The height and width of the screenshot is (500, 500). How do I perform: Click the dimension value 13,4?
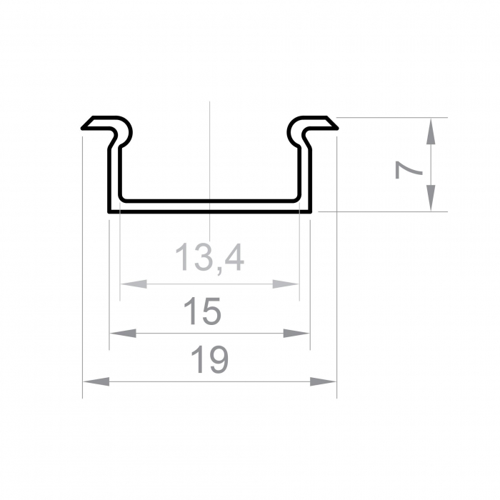click(209, 257)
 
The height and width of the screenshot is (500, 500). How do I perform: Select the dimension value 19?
click(209, 361)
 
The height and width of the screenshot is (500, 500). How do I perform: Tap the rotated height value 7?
click(408, 170)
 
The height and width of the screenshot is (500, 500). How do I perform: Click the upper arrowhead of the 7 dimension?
click(431, 131)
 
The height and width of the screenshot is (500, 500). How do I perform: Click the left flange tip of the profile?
click(84, 128)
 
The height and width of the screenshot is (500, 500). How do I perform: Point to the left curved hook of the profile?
click(124, 131)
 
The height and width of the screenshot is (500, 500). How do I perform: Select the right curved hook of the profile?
click(294, 131)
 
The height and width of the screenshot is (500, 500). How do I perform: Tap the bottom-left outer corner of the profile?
click(109, 211)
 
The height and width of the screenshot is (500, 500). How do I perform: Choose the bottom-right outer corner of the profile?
click(311, 211)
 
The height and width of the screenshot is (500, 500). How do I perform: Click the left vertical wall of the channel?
click(114, 175)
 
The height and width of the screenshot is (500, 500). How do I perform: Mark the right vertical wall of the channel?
click(305, 175)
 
